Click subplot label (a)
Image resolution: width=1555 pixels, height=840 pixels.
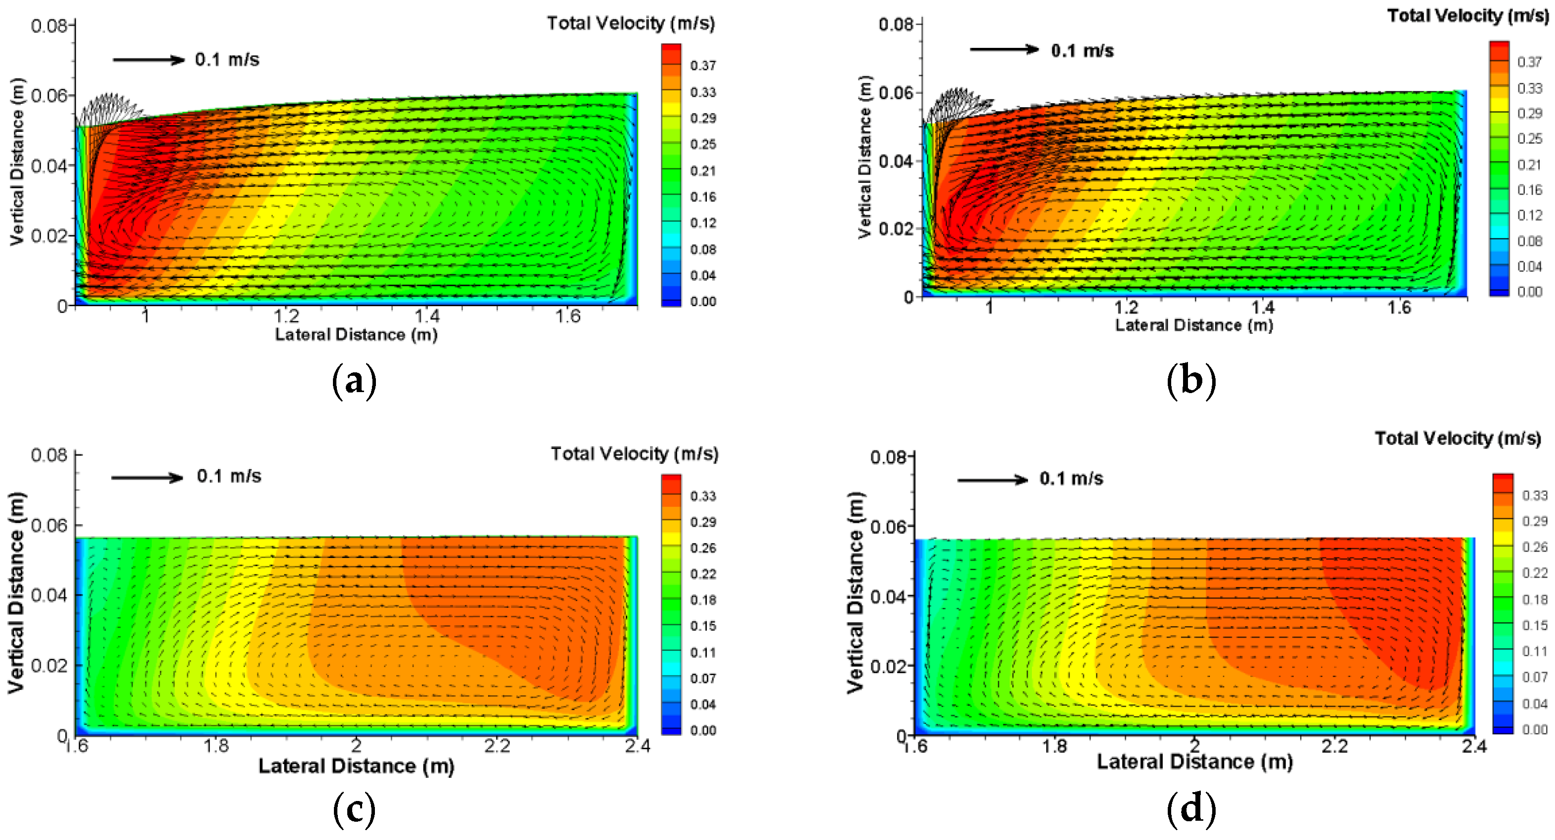(354, 381)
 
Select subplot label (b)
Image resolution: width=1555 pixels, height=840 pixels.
(1191, 381)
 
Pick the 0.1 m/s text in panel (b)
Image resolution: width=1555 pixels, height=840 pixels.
(1082, 51)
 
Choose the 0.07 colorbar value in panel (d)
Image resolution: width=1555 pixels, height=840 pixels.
(1534, 678)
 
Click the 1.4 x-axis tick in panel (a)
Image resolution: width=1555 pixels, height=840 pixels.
(427, 316)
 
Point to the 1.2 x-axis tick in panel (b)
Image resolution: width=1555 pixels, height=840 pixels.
(1126, 307)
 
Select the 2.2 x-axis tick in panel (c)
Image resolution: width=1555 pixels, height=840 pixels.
(497, 746)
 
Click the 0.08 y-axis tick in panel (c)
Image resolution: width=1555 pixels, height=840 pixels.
(49, 455)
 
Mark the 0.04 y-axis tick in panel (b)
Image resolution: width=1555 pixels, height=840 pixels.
(896, 161)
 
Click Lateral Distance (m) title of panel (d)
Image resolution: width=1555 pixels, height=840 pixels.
(1194, 761)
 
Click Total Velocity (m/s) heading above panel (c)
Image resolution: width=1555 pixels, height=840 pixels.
(634, 454)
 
